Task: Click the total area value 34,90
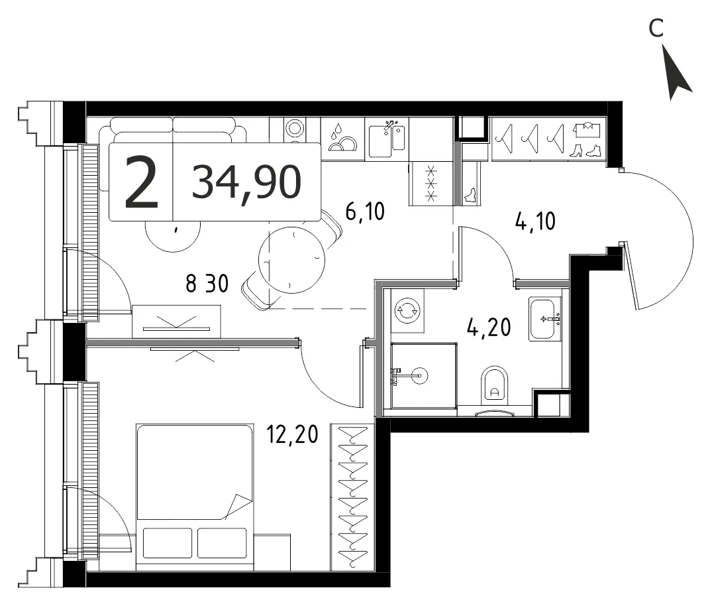pos(246,182)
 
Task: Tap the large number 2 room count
pos(141,182)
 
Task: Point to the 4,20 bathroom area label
pos(489,327)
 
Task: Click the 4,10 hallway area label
pos(535,221)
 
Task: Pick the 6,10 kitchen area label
pos(365,211)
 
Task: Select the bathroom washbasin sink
pos(545,319)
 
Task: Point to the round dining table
pos(291,260)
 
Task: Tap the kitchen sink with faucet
pos(387,138)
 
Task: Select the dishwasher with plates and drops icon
pos(343,138)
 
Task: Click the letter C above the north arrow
pos(656,29)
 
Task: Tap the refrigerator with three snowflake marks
pos(431,184)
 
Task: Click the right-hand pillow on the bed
pos(222,543)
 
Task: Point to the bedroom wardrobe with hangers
pos(353,497)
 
